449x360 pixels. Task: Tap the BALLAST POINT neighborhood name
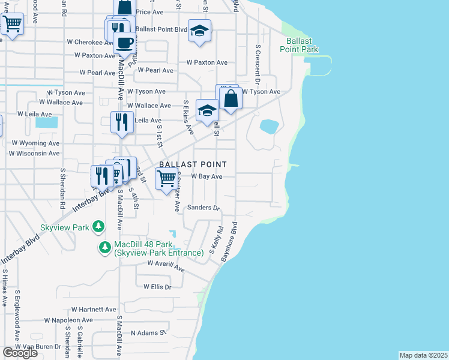tap(193, 164)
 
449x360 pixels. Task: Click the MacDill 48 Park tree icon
tap(105, 247)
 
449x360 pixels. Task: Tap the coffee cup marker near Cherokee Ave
tap(124, 43)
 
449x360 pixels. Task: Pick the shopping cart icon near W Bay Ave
tap(166, 179)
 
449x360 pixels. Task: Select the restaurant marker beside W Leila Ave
tap(122, 122)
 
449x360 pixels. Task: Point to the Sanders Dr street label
tap(203, 208)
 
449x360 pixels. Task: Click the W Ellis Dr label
tap(157, 287)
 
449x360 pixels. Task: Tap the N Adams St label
tap(148, 332)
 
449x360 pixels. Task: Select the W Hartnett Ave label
tap(93, 309)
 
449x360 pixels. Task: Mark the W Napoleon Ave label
tap(68, 320)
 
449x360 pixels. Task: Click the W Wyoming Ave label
tap(35, 143)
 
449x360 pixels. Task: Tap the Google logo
tap(20, 353)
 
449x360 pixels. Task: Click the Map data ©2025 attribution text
tap(423, 355)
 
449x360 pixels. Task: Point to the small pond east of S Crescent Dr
tap(269, 127)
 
